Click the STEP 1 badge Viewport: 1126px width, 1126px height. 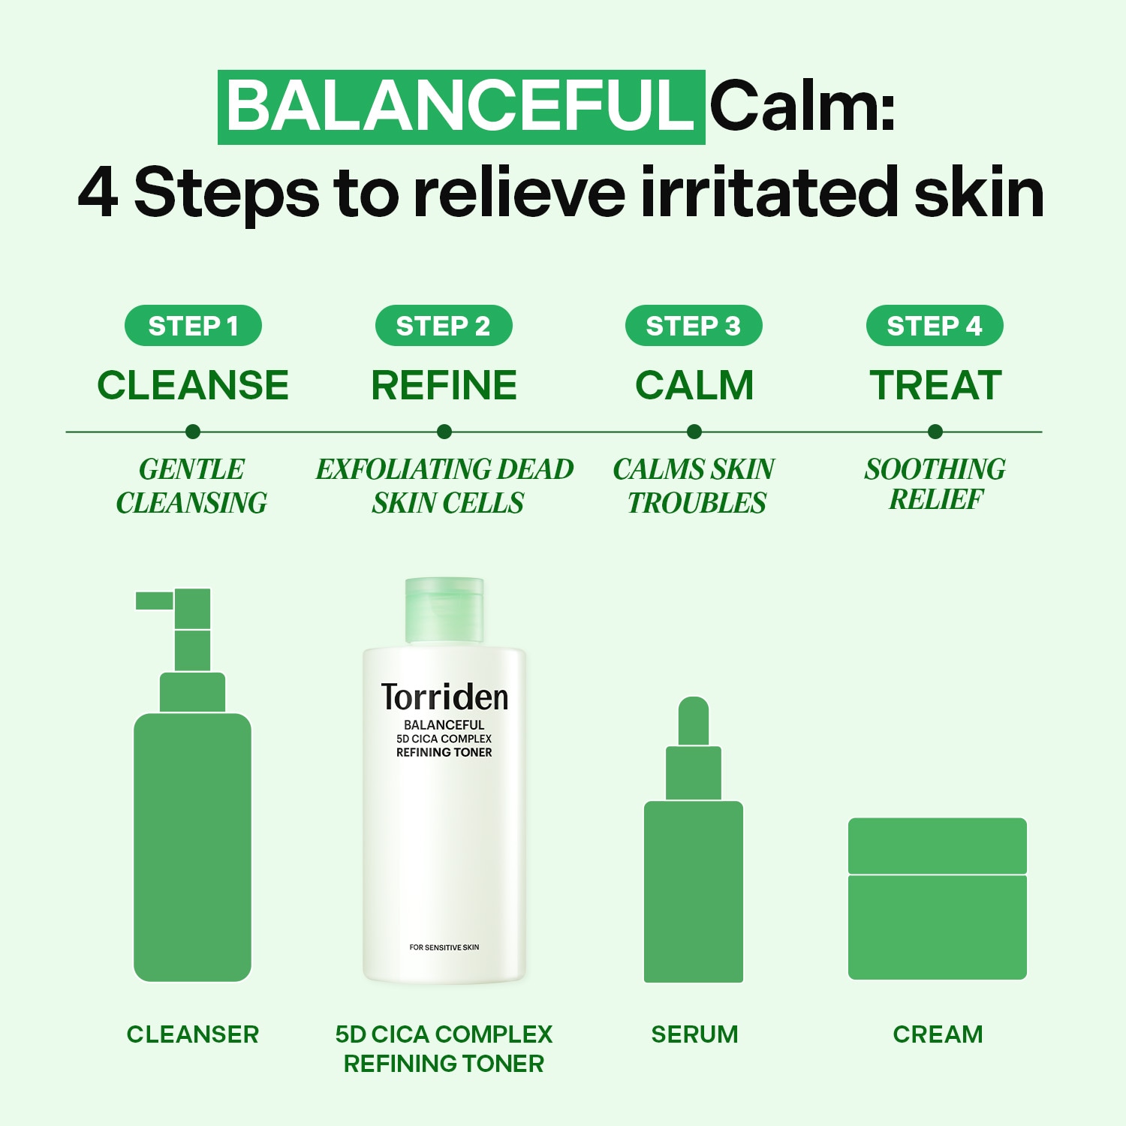(193, 326)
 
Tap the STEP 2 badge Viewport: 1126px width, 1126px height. (444, 326)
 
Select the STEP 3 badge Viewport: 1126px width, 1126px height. (694, 326)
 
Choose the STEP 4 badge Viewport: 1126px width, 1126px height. (935, 326)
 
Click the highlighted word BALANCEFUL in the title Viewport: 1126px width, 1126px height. (461, 107)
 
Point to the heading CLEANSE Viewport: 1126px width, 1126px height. (193, 385)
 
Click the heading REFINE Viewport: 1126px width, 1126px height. (444, 385)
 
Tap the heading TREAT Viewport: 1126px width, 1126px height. (936, 385)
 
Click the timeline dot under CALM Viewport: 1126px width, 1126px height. (694, 432)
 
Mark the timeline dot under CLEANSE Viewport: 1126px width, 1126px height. (193, 432)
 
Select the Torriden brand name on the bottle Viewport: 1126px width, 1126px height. (444, 697)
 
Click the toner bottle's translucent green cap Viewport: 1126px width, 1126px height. (444, 610)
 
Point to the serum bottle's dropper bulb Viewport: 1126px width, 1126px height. (694, 721)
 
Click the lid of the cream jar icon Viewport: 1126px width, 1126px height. (938, 845)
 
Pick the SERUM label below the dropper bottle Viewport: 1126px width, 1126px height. (694, 1034)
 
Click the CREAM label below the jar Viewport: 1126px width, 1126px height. (938, 1034)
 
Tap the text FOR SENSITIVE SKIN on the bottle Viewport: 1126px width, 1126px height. (444, 947)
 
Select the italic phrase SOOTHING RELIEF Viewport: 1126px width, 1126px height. (935, 484)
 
